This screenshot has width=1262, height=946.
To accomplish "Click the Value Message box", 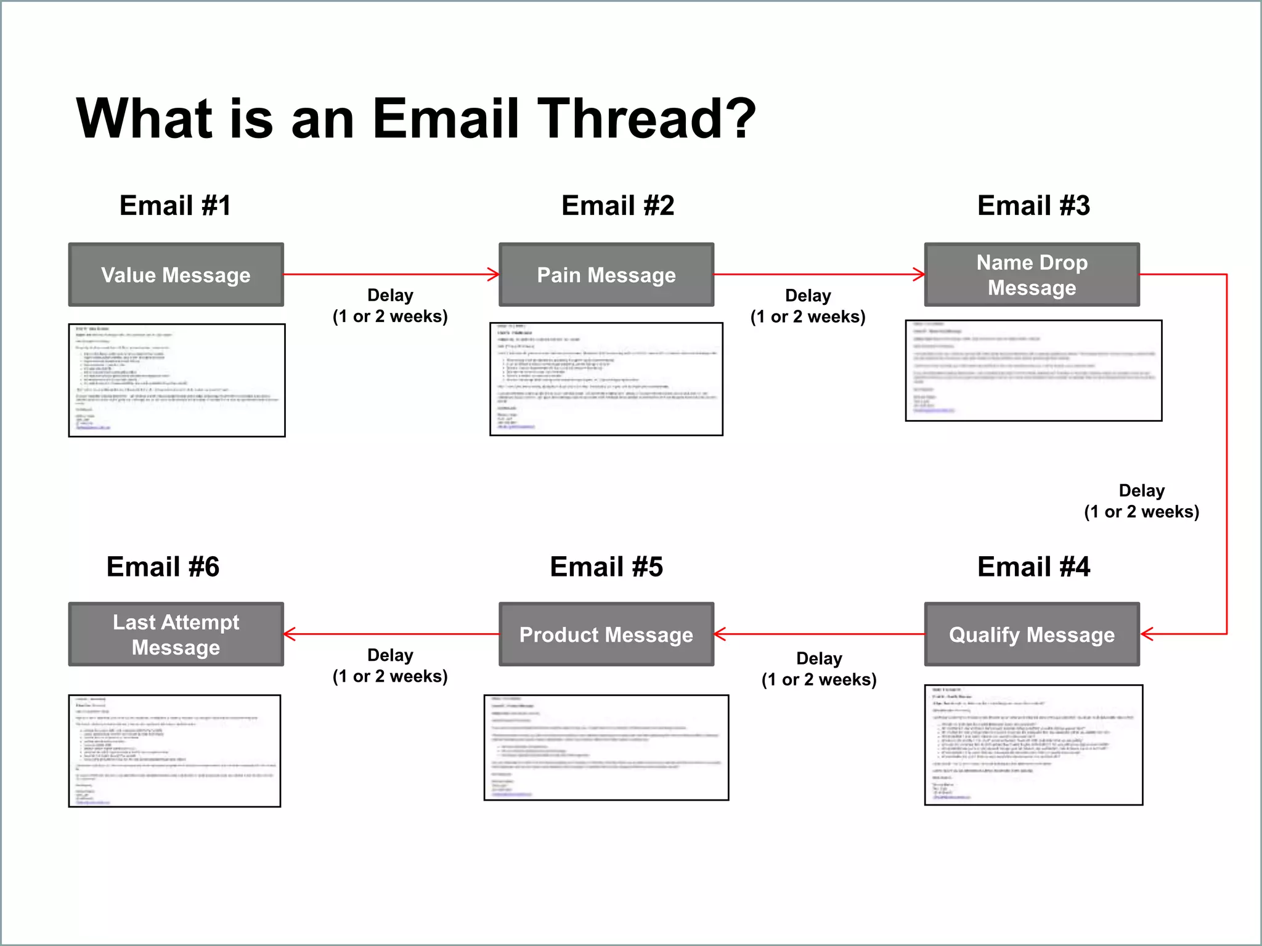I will [x=176, y=275].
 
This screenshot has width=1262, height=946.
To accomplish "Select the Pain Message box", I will [x=606, y=275].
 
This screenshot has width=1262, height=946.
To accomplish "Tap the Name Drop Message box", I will [x=1032, y=275].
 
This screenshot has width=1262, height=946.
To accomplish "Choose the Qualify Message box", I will [x=1032, y=634].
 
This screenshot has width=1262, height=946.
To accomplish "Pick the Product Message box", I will [x=606, y=634].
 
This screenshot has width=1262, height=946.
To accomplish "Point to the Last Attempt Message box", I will [x=176, y=634].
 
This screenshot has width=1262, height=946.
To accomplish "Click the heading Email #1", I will [x=175, y=205].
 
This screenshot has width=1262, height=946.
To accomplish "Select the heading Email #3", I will [x=1033, y=205].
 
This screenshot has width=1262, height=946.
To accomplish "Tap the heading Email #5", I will [x=606, y=567].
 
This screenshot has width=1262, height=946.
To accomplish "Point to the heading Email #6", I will [x=163, y=567].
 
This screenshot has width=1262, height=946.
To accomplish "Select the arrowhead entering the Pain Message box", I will [x=494, y=275].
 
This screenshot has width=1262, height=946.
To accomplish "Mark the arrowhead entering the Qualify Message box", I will [x=1146, y=634].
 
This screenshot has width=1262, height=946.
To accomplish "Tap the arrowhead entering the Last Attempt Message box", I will [x=289, y=634].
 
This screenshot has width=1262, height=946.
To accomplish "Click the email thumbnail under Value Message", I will [x=177, y=380].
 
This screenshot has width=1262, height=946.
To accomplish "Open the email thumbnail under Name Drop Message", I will [x=1033, y=370].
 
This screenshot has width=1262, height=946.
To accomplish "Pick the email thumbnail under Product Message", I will [x=606, y=747].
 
